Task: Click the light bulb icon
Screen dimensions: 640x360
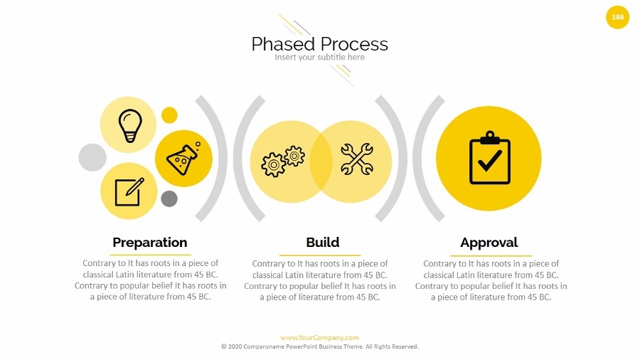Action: click(130, 126)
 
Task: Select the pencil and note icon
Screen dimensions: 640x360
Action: click(129, 192)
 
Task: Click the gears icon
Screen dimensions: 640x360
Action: click(283, 161)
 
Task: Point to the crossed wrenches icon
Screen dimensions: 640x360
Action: click(357, 159)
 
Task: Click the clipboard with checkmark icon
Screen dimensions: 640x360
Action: click(490, 157)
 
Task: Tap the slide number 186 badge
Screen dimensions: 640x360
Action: click(617, 17)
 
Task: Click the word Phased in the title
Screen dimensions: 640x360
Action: click(283, 44)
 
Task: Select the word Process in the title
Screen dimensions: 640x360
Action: click(354, 44)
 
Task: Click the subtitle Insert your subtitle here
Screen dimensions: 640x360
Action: click(319, 57)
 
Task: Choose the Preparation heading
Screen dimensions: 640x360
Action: click(150, 243)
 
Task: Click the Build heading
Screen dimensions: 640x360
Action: click(322, 242)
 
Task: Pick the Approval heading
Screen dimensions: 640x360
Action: click(489, 243)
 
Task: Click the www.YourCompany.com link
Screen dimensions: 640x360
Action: click(319, 337)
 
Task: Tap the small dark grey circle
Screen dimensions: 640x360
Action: click(169, 198)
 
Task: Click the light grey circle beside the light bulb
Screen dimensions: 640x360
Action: click(92, 157)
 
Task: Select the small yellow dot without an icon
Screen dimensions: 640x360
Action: click(169, 115)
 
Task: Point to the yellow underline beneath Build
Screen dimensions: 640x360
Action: click(320, 255)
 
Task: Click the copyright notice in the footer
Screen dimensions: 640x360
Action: click(319, 346)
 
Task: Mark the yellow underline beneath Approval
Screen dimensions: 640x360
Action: click(491, 255)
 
